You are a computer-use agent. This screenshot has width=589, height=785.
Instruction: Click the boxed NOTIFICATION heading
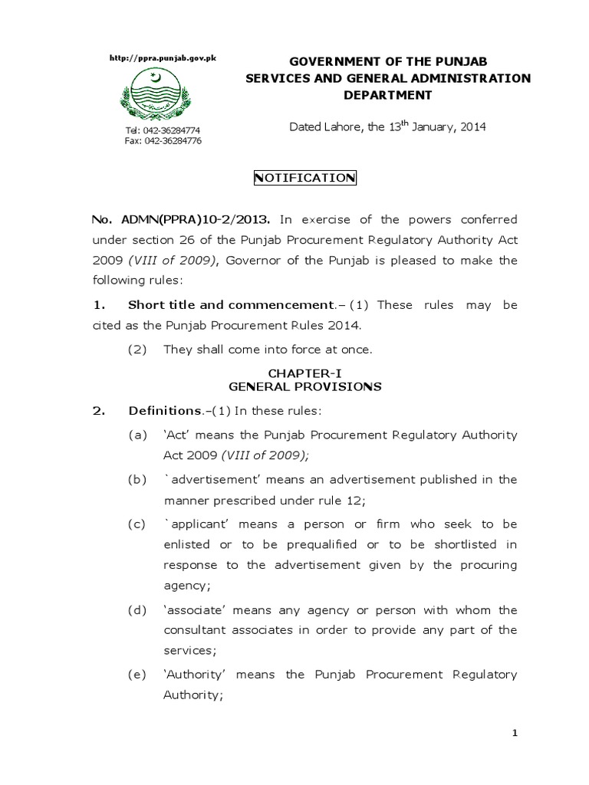(x=304, y=178)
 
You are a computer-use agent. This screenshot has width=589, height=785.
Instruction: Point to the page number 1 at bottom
(x=515, y=734)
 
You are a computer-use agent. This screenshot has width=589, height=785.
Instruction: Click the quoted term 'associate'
(x=192, y=610)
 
